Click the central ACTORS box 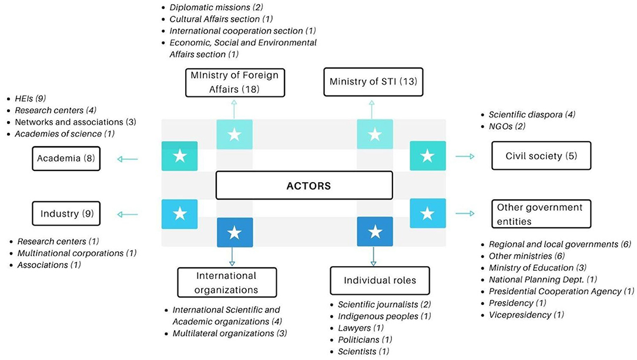point(304,186)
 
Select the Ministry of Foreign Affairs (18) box point(234,82)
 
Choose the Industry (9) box point(67,213)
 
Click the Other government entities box point(541,214)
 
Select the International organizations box point(226,282)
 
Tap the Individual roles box point(380,281)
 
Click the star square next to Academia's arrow point(180,156)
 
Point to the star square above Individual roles point(375,232)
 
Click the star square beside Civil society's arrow point(427,156)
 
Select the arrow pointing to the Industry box point(128,214)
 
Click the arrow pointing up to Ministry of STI point(371,109)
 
